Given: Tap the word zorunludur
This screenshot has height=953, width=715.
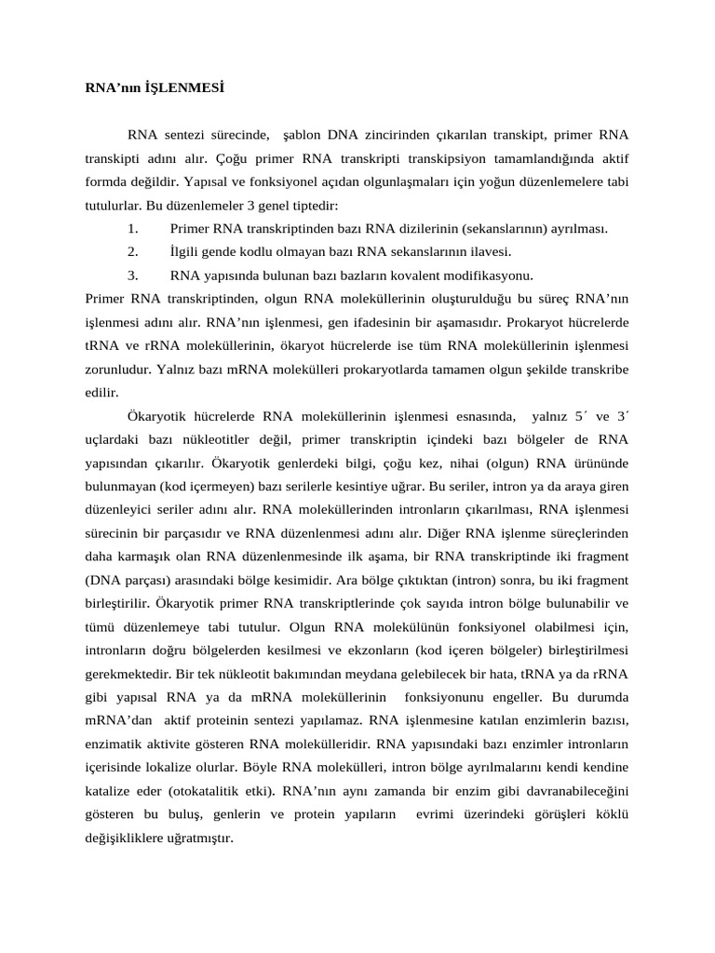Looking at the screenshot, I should (116, 369).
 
